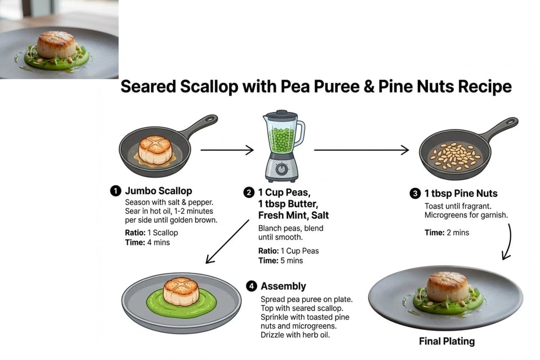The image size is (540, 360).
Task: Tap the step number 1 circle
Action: (115, 191)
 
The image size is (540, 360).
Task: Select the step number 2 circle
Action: (249, 192)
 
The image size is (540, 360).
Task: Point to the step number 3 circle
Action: (415, 193)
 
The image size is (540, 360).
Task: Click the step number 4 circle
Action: (251, 286)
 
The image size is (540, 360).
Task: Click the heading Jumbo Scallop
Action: (158, 191)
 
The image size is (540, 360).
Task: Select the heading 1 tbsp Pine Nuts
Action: (461, 193)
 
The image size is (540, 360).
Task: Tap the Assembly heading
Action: (283, 286)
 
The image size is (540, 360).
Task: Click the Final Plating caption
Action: (447, 341)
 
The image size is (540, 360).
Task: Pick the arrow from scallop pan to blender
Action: (227, 150)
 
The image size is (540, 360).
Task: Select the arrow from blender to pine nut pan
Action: (361, 150)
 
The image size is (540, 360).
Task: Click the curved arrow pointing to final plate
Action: (507, 242)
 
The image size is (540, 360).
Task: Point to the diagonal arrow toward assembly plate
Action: (227, 242)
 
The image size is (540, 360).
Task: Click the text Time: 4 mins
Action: (147, 242)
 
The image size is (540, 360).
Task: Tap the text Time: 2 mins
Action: (447, 232)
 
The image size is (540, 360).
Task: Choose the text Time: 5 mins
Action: (280, 260)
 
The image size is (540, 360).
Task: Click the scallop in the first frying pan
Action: (155, 150)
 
